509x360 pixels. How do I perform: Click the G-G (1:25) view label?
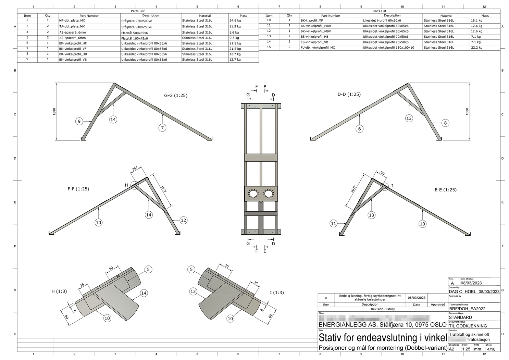(175, 95)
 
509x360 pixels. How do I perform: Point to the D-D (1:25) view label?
(349, 94)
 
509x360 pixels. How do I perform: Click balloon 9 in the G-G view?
(79, 121)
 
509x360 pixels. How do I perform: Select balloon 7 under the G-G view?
(162, 128)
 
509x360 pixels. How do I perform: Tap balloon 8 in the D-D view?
(445, 123)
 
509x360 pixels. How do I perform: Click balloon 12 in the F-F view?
(183, 220)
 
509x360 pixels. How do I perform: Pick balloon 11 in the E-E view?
(333, 224)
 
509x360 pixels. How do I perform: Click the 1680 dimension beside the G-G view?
(54, 112)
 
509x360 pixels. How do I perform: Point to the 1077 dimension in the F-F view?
(163, 189)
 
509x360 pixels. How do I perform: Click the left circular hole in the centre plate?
(253, 194)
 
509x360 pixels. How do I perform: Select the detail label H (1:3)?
(59, 291)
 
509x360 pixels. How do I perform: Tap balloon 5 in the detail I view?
(191, 270)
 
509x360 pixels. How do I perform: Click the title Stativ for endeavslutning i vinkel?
(383, 338)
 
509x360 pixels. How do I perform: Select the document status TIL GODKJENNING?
(468, 326)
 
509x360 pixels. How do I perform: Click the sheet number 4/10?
(491, 349)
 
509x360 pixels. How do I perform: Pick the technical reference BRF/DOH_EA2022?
(467, 309)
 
